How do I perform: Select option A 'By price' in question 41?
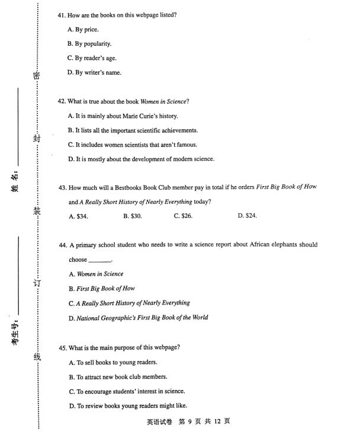pos(83,29)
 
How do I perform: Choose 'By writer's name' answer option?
pos(94,73)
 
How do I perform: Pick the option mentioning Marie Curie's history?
pos(123,116)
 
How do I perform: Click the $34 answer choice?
pos(78,216)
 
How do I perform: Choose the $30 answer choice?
pos(132,216)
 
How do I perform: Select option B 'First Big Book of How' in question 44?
pos(102,289)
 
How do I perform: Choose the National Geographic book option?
pos(138,318)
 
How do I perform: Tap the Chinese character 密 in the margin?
pos(36,76)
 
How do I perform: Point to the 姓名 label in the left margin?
pos(17,180)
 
